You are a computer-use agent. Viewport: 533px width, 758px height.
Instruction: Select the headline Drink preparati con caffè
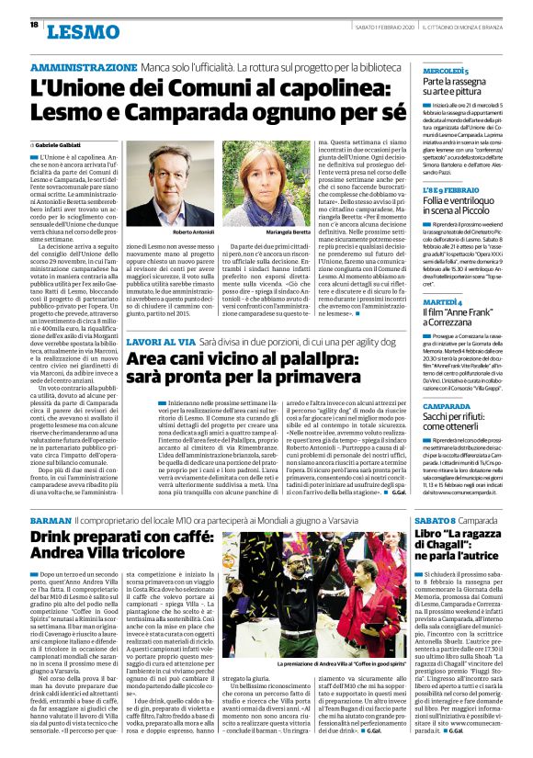pos(119,536)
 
